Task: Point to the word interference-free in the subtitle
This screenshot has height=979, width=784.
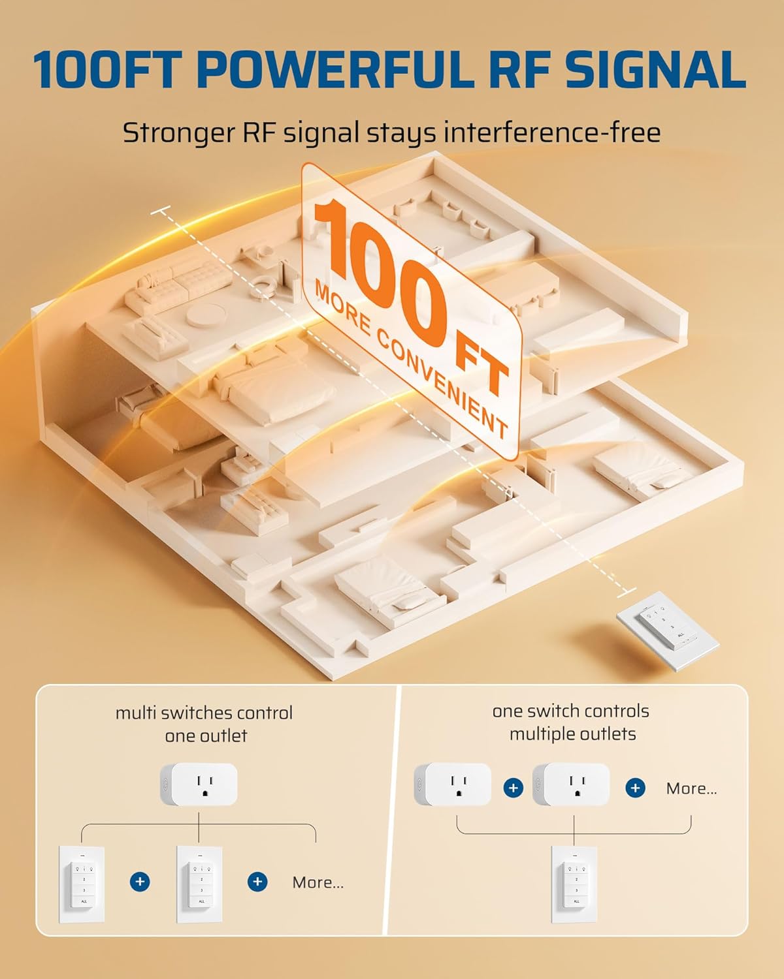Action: [x=552, y=132]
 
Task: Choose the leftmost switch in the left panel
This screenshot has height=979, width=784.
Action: [x=82, y=884]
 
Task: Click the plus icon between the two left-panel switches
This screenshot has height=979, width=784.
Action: [x=140, y=882]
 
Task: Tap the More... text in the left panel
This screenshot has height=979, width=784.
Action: [x=318, y=882]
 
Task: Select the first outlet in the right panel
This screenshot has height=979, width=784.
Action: [x=453, y=785]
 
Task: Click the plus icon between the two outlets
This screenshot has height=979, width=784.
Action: [x=514, y=788]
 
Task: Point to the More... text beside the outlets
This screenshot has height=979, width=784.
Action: [x=691, y=788]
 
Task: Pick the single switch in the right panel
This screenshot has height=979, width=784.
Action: [x=574, y=884]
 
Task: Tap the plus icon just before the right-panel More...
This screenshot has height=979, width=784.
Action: [x=635, y=788]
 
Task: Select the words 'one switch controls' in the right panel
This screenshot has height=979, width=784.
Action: [x=570, y=711]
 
